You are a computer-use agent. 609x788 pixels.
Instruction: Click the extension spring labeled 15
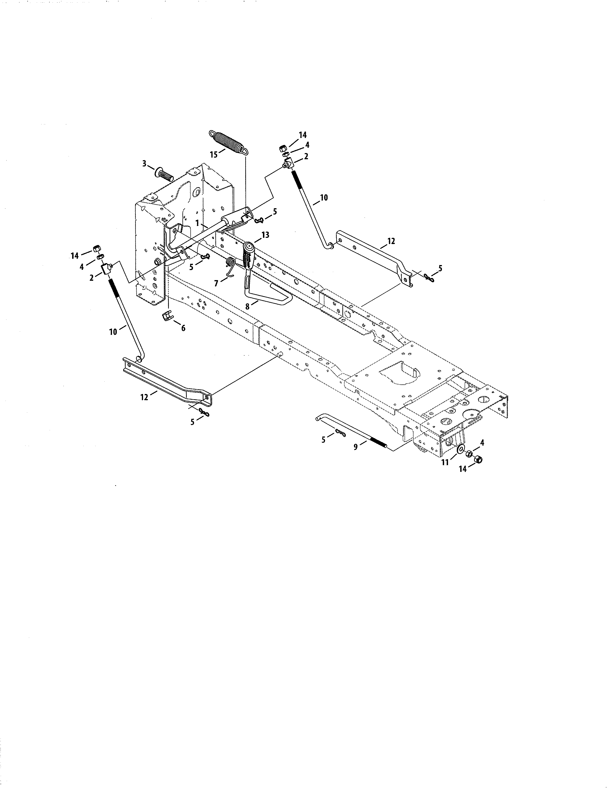tap(228, 143)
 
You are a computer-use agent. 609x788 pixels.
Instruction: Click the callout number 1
tap(197, 223)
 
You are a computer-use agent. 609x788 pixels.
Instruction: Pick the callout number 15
tap(214, 154)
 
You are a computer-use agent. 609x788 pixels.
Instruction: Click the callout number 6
tap(183, 328)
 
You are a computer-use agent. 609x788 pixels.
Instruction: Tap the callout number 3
tap(144, 164)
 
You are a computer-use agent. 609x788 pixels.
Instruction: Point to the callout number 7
tap(216, 284)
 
